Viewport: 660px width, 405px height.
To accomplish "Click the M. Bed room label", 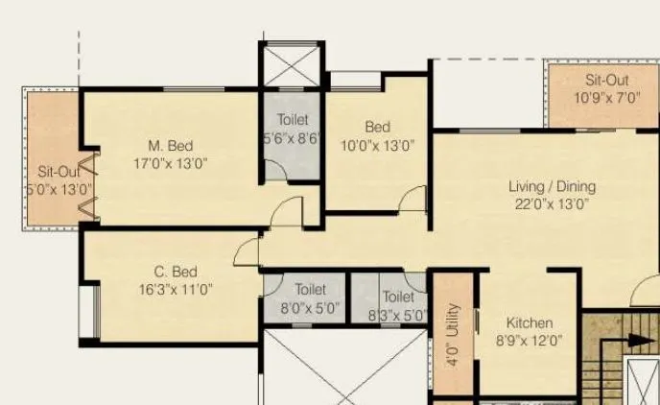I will click(171, 146).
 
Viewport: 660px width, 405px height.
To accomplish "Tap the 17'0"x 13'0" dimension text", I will click(171, 163).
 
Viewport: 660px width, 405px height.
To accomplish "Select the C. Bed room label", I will click(176, 272).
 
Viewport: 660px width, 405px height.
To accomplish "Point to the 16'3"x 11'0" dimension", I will click(176, 288).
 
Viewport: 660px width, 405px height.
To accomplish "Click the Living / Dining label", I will click(552, 186).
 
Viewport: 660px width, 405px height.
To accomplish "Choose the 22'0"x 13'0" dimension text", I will click(552, 203).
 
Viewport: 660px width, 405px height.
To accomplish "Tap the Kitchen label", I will click(530, 323).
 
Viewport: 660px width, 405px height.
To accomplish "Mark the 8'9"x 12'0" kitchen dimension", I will click(530, 340).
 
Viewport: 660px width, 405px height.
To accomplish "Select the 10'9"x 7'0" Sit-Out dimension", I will click(607, 98).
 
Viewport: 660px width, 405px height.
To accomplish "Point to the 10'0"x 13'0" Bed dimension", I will click(377, 146).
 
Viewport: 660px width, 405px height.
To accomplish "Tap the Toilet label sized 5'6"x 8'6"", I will click(293, 120).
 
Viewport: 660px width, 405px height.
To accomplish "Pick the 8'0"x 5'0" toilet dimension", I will click(311, 308).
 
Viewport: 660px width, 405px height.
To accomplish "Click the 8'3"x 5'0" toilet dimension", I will click(397, 314).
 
